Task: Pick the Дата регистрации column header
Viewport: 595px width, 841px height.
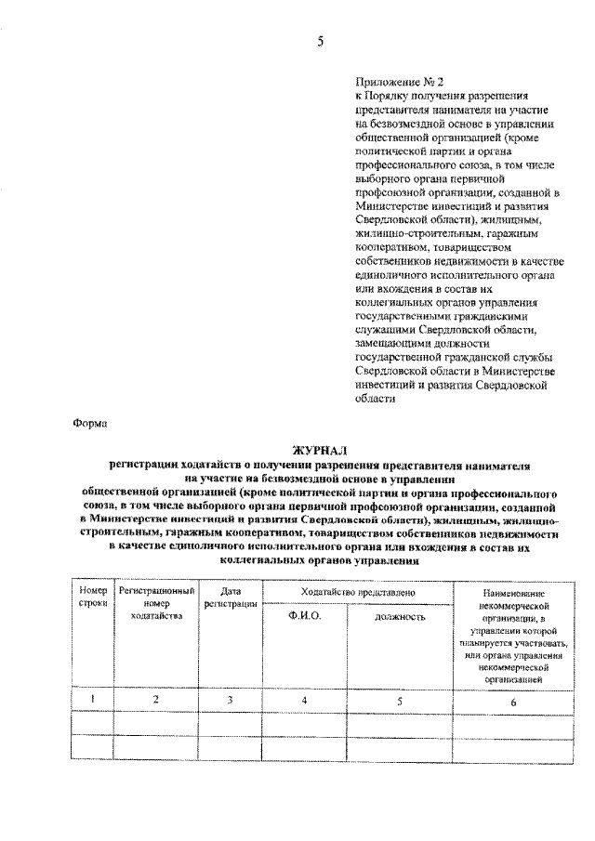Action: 231,598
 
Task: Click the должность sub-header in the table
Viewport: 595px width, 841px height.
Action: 400,616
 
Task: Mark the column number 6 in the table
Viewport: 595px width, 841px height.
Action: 514,701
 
